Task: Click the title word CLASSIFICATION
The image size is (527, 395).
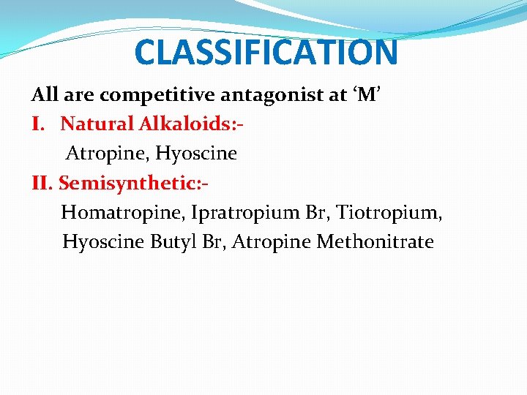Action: tap(266, 52)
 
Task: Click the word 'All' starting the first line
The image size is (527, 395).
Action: tap(45, 95)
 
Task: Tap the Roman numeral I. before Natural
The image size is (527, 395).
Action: tap(38, 124)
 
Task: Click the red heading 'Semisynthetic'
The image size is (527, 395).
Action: tap(130, 183)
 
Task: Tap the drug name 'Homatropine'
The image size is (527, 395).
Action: tap(122, 212)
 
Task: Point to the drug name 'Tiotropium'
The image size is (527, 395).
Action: tap(389, 212)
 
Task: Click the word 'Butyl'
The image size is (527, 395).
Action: tap(174, 242)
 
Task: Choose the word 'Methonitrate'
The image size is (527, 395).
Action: tap(375, 241)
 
